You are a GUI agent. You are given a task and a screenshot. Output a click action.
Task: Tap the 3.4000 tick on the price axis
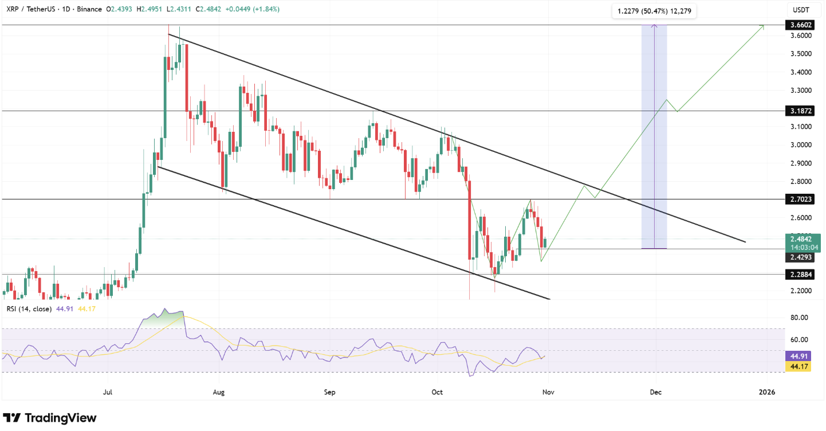click(799, 72)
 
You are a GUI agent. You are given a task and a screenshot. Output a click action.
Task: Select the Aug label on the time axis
click(218, 392)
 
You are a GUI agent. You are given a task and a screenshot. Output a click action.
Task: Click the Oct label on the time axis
click(438, 392)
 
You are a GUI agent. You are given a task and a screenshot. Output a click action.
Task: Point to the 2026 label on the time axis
click(766, 392)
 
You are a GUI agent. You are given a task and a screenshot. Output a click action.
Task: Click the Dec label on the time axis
click(656, 392)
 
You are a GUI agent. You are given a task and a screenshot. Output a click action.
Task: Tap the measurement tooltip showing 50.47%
click(653, 11)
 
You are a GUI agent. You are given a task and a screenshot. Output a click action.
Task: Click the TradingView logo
click(50, 418)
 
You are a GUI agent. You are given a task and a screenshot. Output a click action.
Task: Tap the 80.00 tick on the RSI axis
click(799, 318)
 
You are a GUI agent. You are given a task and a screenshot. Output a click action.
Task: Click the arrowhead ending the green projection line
click(763, 26)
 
